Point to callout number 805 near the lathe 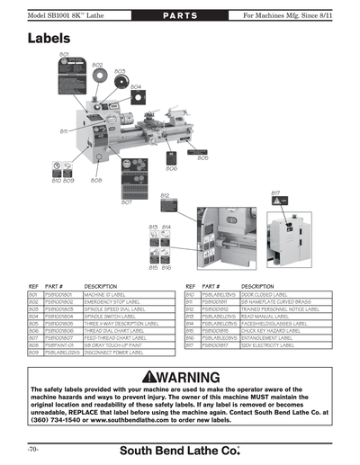pyautogui.click(x=202, y=158)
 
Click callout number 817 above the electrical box pyautogui.click(x=275, y=192)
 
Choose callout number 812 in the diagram pyautogui.click(x=166, y=195)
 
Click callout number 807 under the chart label pyautogui.click(x=127, y=202)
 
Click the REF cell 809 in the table pyautogui.click(x=32, y=352)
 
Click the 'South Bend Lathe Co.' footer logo pyautogui.click(x=181, y=448)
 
